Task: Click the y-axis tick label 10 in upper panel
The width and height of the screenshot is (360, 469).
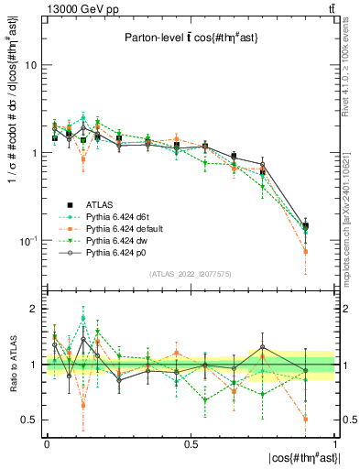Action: [30, 66]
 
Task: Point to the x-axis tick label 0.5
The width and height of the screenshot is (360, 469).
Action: [191, 444]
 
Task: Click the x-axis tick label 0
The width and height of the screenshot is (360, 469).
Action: [46, 444]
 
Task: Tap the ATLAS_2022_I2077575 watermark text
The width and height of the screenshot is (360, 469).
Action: [189, 274]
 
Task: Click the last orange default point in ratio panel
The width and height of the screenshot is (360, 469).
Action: [306, 419]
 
